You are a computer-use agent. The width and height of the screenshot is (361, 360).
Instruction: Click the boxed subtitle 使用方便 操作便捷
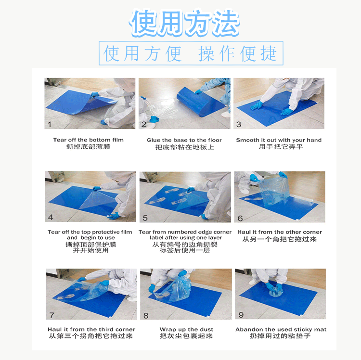pyautogui.click(x=191, y=53)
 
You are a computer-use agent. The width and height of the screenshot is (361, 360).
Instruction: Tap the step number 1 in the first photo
pyautogui.click(x=49, y=124)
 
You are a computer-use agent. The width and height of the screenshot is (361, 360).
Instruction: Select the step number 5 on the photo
pyautogui.click(x=145, y=218)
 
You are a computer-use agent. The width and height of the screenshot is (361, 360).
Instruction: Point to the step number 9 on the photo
pyautogui.click(x=241, y=315)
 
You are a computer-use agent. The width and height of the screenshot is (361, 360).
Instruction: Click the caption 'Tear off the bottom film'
pyautogui.click(x=89, y=140)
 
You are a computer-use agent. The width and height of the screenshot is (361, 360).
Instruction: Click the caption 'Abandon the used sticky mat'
pyautogui.click(x=281, y=330)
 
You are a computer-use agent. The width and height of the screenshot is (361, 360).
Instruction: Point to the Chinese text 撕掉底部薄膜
pyautogui.click(x=88, y=147)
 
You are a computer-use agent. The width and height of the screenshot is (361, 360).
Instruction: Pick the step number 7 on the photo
pyautogui.click(x=52, y=315)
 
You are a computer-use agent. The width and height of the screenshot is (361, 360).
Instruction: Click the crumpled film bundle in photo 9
pyautogui.click(x=276, y=288)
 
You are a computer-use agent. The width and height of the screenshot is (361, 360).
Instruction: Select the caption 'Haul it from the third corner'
pyautogui.click(x=91, y=330)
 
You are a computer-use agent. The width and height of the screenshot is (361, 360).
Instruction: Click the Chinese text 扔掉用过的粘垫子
pyautogui.click(x=281, y=336)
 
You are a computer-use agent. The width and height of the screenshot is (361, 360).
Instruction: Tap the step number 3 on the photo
pyautogui.click(x=239, y=124)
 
